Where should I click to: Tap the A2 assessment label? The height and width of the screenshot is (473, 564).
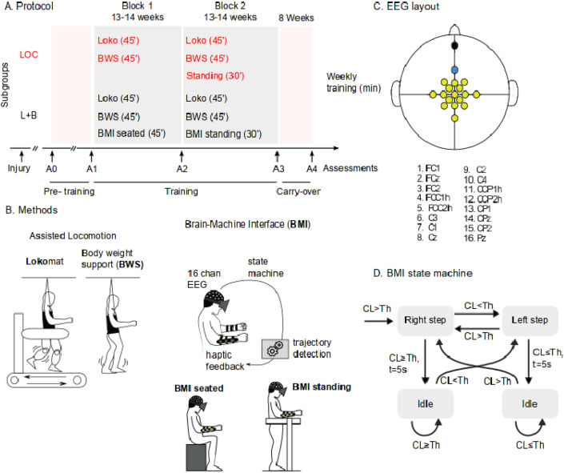point(183,169)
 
